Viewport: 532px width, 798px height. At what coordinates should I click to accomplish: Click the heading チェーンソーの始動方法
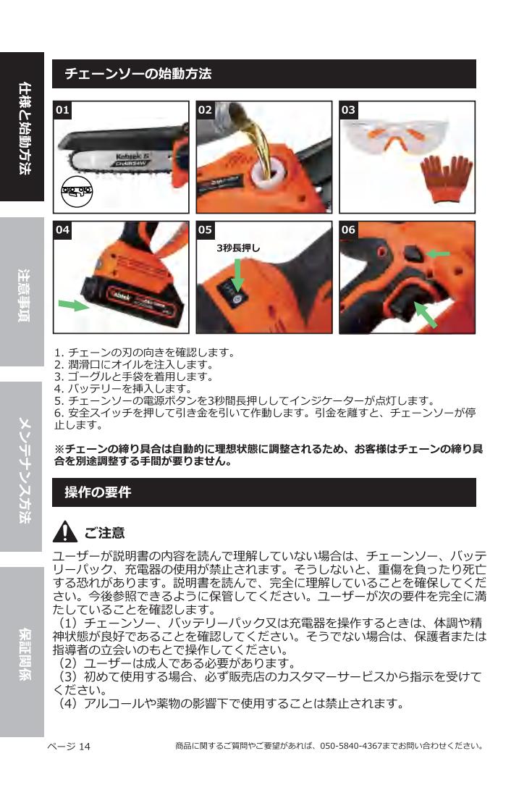138,74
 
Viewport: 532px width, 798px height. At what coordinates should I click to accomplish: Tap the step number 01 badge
63,109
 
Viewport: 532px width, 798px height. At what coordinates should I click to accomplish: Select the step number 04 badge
63,230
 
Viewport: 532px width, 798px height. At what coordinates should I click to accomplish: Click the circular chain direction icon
77,193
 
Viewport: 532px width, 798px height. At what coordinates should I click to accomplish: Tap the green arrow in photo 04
73,304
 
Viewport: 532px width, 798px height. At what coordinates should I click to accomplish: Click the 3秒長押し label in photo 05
238,248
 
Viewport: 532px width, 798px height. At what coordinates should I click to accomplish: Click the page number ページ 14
69,745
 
